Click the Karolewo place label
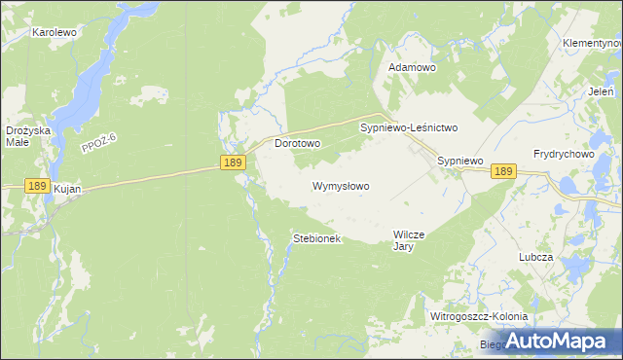(55, 32)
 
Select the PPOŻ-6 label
(99, 142)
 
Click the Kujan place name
(67, 190)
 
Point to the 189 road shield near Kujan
(36, 185)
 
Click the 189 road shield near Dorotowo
(232, 164)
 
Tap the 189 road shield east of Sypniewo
(502, 171)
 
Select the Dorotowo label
(298, 143)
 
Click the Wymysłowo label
(341, 185)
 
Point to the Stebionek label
(317, 238)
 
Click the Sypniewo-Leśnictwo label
(409, 127)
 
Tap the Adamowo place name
(412, 67)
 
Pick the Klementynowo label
(592, 44)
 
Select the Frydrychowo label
(564, 154)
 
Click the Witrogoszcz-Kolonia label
(479, 317)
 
